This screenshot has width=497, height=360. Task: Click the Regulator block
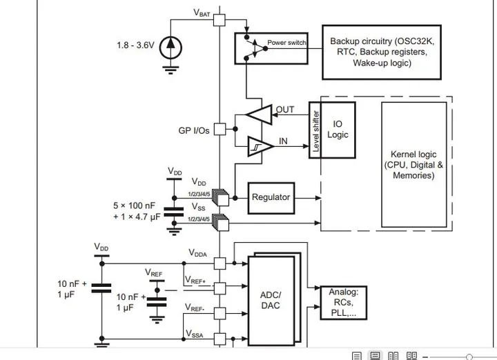click(271, 198)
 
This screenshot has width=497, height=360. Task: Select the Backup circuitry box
click(382, 52)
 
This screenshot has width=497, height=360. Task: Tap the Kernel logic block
click(414, 164)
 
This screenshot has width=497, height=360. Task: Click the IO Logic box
click(338, 130)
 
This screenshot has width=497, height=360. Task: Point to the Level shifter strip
click(315, 130)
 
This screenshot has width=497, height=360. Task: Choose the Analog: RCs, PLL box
click(344, 303)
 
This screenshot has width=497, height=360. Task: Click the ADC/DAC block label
click(271, 300)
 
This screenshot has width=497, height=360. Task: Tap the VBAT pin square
click(220, 20)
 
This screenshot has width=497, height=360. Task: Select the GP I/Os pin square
click(220, 129)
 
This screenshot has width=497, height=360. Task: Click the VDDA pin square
click(220, 263)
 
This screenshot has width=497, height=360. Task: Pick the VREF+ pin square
click(220, 288)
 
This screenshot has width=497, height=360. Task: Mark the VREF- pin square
click(220, 314)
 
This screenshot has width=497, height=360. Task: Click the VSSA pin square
click(220, 339)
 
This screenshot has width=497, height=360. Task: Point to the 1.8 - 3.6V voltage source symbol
click(170, 48)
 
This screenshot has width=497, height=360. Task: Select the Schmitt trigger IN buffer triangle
click(260, 146)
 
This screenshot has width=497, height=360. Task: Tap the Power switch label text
click(286, 43)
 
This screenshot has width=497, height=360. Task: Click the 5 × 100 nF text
click(134, 206)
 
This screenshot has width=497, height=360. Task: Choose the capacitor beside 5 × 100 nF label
click(174, 212)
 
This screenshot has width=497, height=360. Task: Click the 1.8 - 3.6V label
click(135, 46)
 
